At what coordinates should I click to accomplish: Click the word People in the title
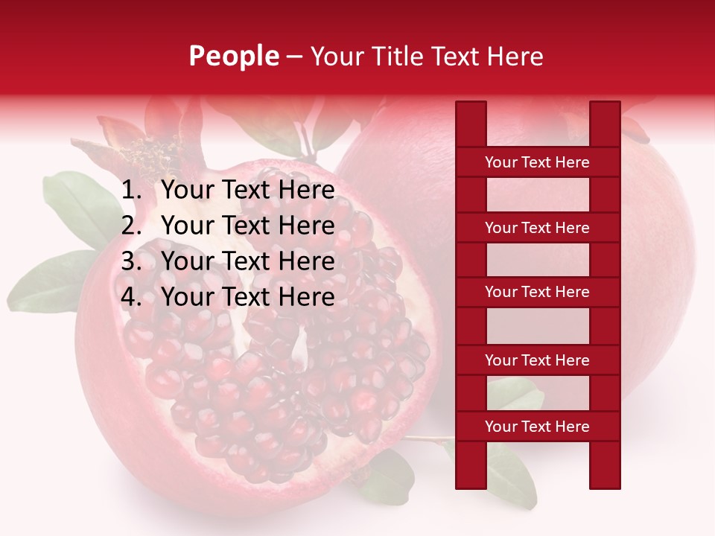click(234, 56)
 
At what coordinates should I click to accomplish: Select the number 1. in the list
click(132, 191)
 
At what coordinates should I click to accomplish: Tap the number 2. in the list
click(132, 226)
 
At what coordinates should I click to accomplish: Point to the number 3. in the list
click(132, 261)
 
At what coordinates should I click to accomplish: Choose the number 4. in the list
click(132, 297)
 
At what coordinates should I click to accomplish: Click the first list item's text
click(247, 191)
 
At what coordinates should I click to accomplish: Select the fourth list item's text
click(247, 297)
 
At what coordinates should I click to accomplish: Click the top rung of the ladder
click(537, 162)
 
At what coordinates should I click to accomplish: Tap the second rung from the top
click(537, 227)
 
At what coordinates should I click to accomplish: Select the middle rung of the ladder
click(537, 292)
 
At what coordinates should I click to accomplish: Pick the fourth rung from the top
click(537, 360)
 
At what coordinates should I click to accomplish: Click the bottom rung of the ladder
click(537, 426)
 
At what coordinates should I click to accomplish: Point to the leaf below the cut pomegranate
click(387, 476)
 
